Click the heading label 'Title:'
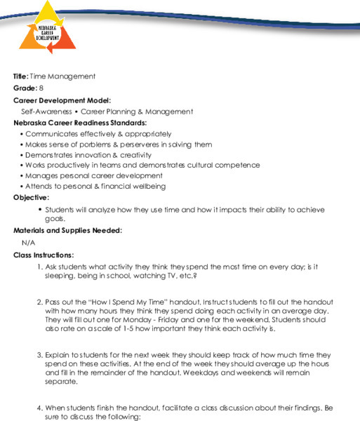(x=21, y=76)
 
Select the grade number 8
(x=41, y=88)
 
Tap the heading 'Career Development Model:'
(x=62, y=100)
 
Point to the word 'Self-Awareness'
(x=48, y=111)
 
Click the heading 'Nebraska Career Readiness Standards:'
(x=80, y=122)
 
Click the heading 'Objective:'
(x=31, y=197)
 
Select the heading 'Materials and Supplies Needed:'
(x=67, y=230)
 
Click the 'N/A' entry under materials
(x=29, y=242)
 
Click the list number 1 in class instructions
(x=39, y=267)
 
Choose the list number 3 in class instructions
(x=39, y=356)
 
